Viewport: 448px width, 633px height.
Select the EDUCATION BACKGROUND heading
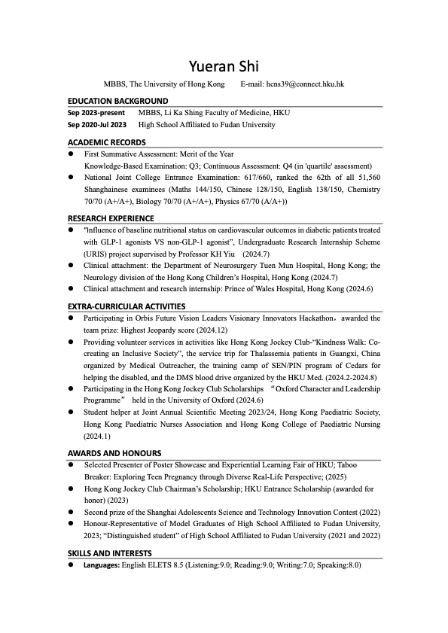pos(118,101)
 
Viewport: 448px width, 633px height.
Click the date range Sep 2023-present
pos(96,113)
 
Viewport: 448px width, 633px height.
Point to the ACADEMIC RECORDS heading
pos(107,142)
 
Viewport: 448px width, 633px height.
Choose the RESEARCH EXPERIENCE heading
pos(111,218)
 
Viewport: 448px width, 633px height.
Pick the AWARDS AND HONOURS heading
pos(114,453)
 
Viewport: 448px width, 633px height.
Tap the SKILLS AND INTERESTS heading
pos(110,553)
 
